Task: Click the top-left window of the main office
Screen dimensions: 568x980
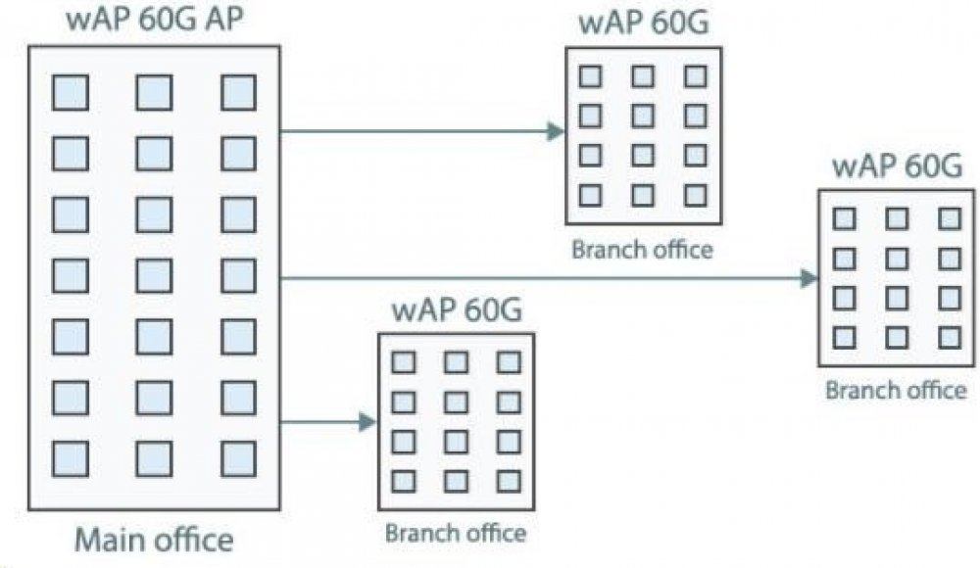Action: pyautogui.click(x=69, y=93)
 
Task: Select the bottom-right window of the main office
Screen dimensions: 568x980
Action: pyautogui.click(x=237, y=457)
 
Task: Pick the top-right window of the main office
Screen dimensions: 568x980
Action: pyautogui.click(x=237, y=93)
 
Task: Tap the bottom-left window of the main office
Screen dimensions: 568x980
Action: pyautogui.click(x=69, y=457)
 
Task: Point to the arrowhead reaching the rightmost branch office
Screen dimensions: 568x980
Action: pyautogui.click(x=809, y=278)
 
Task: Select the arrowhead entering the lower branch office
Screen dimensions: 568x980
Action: pyautogui.click(x=368, y=423)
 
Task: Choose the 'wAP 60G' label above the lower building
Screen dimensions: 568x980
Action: pyautogui.click(x=456, y=312)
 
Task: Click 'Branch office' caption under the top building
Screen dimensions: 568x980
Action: pyautogui.click(x=643, y=249)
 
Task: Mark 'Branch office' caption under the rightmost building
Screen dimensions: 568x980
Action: pyautogui.click(x=895, y=390)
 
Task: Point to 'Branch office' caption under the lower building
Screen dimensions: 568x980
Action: pyautogui.click(x=455, y=534)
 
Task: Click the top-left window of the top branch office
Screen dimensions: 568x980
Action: pyautogui.click(x=590, y=76)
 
